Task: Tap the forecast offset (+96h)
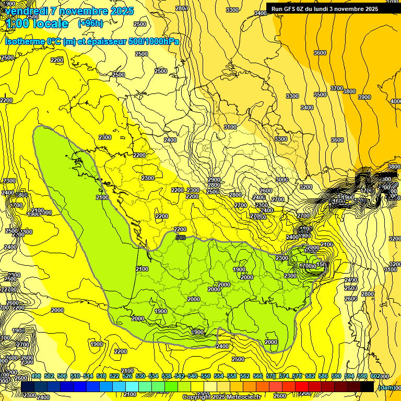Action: pyautogui.click(x=90, y=23)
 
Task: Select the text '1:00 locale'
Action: pyautogui.click(x=38, y=23)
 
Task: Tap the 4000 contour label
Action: pyautogui.click(x=395, y=101)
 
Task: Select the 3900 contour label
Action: pyautogui.click(x=364, y=98)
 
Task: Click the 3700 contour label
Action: pyautogui.click(x=337, y=88)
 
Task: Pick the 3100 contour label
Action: pyautogui.click(x=230, y=127)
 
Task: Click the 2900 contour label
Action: pyautogui.click(x=214, y=180)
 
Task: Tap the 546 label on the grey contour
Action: pyautogui.click(x=181, y=238)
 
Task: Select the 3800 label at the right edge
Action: pyautogui.click(x=394, y=167)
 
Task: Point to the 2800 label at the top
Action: pyautogui.click(x=182, y=8)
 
